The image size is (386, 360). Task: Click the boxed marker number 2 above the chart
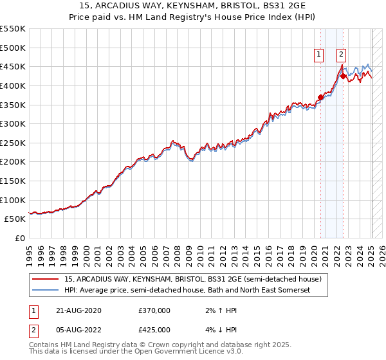pyautogui.click(x=341, y=55)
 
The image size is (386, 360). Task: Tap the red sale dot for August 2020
pyautogui.click(x=320, y=98)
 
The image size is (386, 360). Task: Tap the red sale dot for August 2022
pyautogui.click(x=343, y=76)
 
